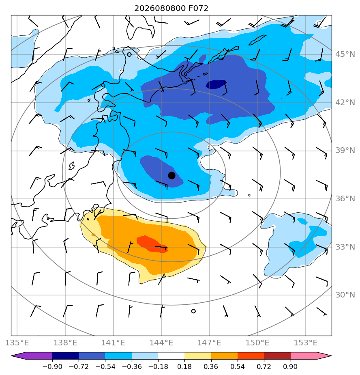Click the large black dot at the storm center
click(x=171, y=176)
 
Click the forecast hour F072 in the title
click(x=198, y=9)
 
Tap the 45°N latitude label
click(x=345, y=54)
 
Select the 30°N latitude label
click(x=345, y=295)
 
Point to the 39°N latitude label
click(x=345, y=151)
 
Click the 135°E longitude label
click(x=17, y=343)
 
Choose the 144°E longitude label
click(x=161, y=343)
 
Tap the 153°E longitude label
click(x=306, y=343)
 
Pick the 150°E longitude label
click(x=257, y=343)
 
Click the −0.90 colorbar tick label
click(x=52, y=366)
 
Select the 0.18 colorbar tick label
click(x=184, y=366)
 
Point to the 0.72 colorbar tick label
click(x=264, y=366)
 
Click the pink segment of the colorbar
click(x=304, y=356)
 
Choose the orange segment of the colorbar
click(x=224, y=356)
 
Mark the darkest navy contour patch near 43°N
click(x=216, y=84)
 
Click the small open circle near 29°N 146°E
click(x=193, y=311)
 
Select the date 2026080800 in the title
click(x=160, y=9)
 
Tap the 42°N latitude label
click(x=345, y=102)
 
